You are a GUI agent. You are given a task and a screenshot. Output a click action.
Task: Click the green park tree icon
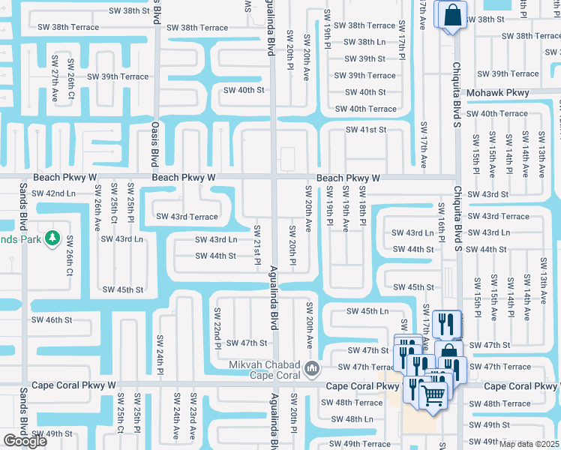click(x=52, y=238)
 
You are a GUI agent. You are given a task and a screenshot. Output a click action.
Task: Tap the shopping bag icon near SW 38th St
click(x=453, y=16)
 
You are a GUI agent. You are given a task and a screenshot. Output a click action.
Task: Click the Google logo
click(x=25, y=441)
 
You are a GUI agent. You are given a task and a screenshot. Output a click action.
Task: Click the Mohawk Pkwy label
click(x=498, y=93)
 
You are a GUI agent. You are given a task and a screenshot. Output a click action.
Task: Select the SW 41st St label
click(x=366, y=130)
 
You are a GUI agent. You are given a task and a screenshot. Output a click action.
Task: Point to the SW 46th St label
click(x=52, y=319)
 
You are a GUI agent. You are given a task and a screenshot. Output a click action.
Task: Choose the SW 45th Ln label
click(x=367, y=311)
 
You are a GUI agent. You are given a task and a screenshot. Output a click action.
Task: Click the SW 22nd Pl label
click(x=217, y=328)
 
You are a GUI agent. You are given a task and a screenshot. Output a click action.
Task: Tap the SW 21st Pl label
click(x=256, y=244)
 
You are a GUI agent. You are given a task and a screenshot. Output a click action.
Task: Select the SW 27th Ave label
click(x=55, y=78)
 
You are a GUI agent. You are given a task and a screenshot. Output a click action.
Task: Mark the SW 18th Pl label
click(x=361, y=207)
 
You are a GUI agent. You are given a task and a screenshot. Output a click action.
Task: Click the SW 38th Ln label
click(x=365, y=42)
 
